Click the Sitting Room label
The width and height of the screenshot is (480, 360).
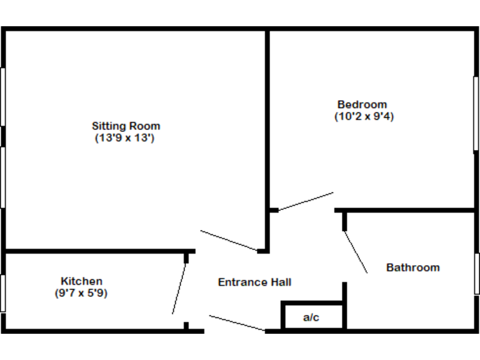tap(126, 126)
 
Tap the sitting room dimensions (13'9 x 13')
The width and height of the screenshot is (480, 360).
tap(124, 138)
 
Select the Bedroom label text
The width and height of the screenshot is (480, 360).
tap(362, 104)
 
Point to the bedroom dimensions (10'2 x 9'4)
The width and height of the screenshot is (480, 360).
tap(364, 116)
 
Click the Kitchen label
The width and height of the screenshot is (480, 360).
tap(81, 281)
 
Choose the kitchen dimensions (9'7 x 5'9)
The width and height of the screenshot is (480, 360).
tap(81, 292)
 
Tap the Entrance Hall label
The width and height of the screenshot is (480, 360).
tap(254, 282)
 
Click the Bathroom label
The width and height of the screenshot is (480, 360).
tap(412, 267)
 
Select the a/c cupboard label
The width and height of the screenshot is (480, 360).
tap(311, 317)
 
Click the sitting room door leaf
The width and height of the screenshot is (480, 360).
tap(228, 240)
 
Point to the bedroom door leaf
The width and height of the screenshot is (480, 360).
tap(306, 201)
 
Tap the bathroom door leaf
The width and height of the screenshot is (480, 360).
tap(356, 252)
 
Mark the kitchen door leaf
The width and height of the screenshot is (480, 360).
tap(179, 288)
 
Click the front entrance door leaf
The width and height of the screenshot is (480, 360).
tap(237, 322)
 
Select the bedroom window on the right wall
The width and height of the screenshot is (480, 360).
tap(476, 113)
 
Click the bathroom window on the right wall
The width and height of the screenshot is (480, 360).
tap(476, 274)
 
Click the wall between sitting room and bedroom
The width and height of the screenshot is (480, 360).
tap(267, 125)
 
